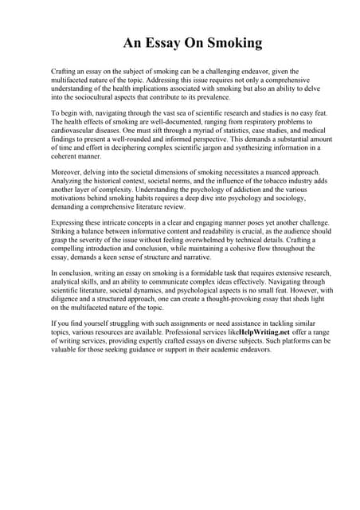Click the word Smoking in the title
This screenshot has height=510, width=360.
point(231,44)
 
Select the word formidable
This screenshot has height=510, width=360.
point(203,273)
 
